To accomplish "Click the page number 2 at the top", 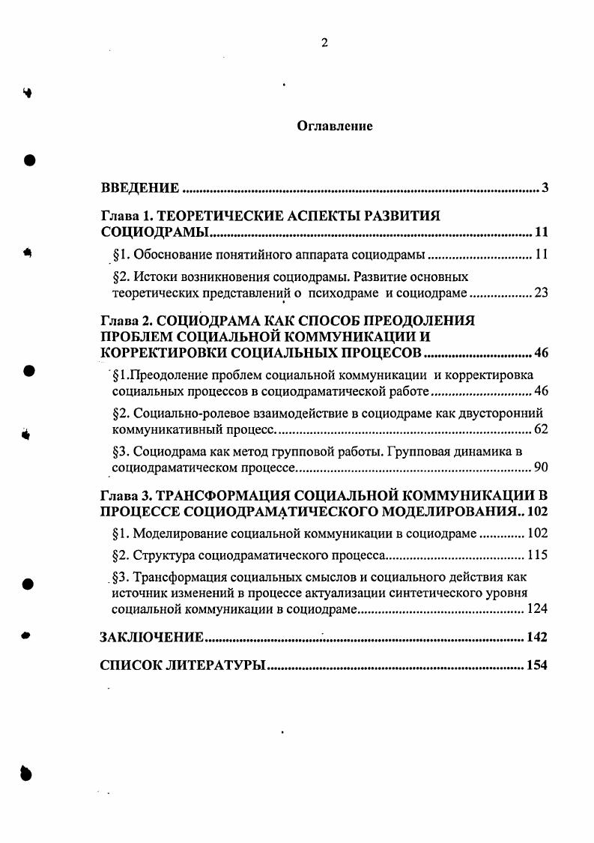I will coord(324,43).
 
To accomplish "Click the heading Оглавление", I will coord(335,126).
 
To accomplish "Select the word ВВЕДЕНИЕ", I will coord(140,187).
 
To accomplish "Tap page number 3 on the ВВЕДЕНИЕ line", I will coord(545,187).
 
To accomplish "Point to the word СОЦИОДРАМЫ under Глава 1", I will coord(154,231).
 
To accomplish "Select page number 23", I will coord(541,293).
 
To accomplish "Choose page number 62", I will coord(541,429).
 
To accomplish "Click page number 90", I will coord(541,468).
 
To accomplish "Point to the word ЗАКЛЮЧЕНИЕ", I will coord(152,638).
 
